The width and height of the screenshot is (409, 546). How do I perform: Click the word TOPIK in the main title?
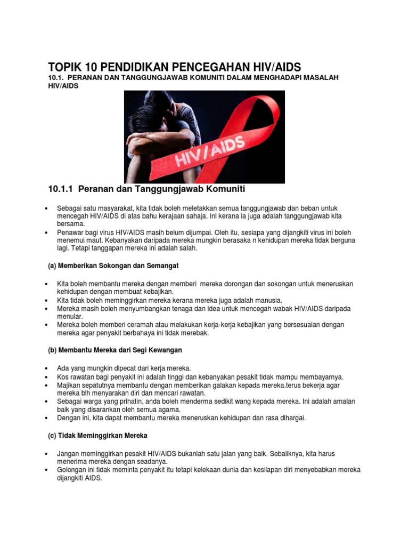pyautogui.click(x=64, y=67)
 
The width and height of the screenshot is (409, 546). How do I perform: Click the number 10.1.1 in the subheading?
pyautogui.click(x=63, y=189)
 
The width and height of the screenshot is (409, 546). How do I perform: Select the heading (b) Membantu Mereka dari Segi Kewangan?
pyautogui.click(x=115, y=350)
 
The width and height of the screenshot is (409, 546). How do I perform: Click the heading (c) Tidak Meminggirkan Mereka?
pyautogui.click(x=97, y=435)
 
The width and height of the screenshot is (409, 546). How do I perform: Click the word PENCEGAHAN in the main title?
pyautogui.click(x=214, y=67)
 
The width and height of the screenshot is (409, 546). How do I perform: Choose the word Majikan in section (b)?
pyautogui.click(x=69, y=385)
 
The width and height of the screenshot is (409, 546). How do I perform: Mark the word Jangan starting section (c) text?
pyautogui.click(x=69, y=453)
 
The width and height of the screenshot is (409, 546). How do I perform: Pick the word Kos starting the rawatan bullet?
pyautogui.click(x=63, y=377)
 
